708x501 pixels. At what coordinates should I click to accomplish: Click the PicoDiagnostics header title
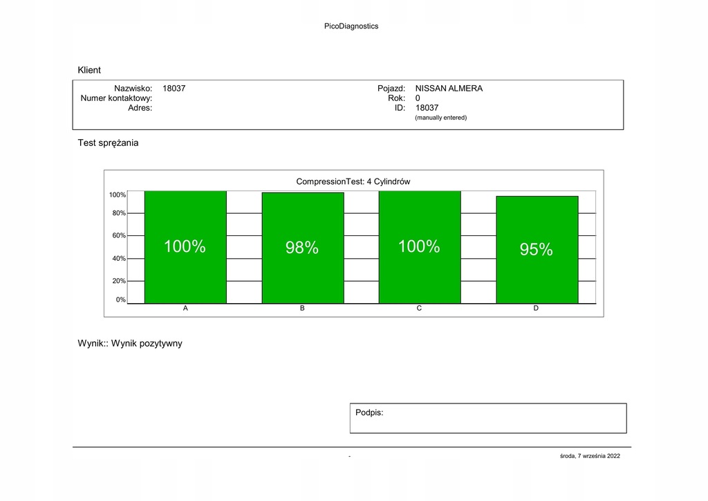tap(351, 26)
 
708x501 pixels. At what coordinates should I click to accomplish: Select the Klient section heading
tap(89, 70)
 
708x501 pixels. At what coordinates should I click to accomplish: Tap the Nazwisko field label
tap(133, 89)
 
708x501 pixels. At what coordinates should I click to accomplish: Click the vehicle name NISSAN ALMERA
tap(449, 89)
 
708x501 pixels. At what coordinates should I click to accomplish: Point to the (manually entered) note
tap(440, 118)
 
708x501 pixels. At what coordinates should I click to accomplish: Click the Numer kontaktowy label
tap(116, 98)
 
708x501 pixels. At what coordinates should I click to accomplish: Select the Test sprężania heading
tap(108, 143)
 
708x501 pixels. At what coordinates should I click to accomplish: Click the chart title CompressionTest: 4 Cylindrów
tap(353, 181)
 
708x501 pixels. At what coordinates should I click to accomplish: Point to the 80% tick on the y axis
tap(119, 213)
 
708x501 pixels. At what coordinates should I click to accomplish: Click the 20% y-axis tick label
tap(119, 281)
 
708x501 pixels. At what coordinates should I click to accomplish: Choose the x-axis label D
tap(536, 309)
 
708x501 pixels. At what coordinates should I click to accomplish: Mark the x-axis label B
tap(302, 309)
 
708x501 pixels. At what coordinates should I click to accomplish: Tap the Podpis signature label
tap(369, 412)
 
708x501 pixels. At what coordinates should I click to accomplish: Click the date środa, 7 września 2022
tap(590, 455)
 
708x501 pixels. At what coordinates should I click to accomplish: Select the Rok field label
tap(396, 98)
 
